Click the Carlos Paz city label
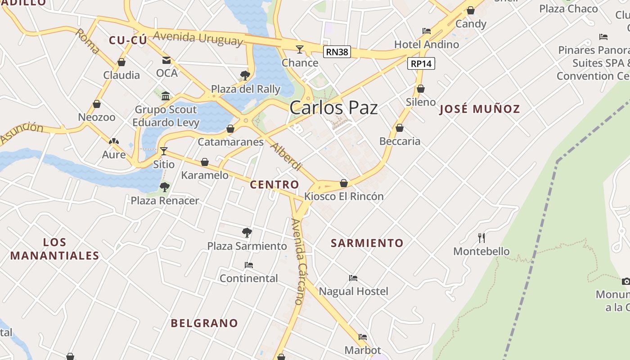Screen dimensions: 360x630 (333, 108)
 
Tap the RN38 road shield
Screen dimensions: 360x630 (337, 52)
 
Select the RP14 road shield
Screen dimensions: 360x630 (421, 63)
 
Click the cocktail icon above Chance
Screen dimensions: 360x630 (300, 49)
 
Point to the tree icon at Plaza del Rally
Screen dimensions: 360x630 (245, 75)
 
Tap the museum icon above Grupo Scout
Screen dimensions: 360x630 (166, 96)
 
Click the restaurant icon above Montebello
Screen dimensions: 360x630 (481, 238)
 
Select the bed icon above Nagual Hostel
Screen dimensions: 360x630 (353, 278)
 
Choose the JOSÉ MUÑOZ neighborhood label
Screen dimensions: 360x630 (480, 109)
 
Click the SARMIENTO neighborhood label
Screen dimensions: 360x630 (367, 243)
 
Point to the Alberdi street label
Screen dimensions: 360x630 (286, 157)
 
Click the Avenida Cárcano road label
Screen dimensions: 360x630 (298, 262)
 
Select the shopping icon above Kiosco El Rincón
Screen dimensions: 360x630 (344, 183)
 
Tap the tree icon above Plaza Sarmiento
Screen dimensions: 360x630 (247, 232)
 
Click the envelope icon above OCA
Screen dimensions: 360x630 (166, 60)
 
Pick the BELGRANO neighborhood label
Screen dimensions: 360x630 (204, 323)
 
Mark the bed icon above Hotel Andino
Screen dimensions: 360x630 (427, 31)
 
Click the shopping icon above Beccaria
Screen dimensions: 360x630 (400, 128)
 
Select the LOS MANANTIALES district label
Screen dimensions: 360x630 (55, 249)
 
